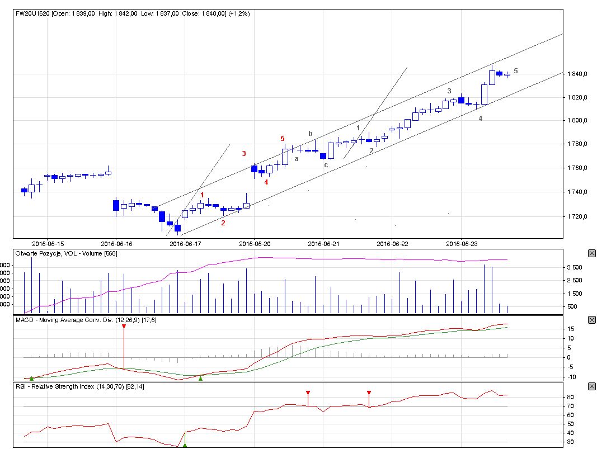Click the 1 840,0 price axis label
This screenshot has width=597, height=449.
[576, 74]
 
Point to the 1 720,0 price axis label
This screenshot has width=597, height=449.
[576, 216]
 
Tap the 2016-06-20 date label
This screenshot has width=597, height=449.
[255, 244]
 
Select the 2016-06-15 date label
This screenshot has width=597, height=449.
[48, 244]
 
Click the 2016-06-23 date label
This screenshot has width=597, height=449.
[462, 244]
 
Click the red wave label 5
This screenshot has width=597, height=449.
[283, 138]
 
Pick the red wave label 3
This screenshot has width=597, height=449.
[243, 153]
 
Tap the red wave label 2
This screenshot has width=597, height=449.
[223, 223]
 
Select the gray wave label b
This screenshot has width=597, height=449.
[310, 133]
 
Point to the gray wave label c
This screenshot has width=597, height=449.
[326, 164]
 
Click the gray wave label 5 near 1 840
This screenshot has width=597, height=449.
[515, 71]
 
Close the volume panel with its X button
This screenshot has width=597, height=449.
[592, 253]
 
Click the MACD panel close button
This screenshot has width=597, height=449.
[592, 320]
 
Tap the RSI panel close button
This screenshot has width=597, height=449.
[592, 386]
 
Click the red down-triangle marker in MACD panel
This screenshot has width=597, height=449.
[124, 326]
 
